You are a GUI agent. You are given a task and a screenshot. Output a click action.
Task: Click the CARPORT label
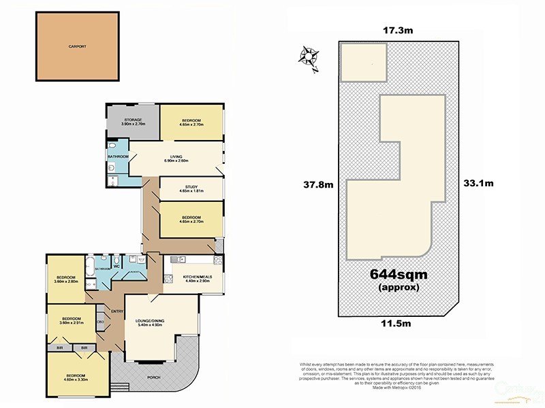point(78,47)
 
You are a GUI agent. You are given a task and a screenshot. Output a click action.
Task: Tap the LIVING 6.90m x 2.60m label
point(176,158)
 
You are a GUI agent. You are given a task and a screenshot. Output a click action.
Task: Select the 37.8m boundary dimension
point(317,184)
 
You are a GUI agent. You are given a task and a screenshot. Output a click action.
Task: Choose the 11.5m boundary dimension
point(396,325)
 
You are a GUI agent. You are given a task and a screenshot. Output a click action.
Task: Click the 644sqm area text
point(396,275)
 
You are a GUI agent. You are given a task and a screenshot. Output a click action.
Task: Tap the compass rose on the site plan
point(308,56)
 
